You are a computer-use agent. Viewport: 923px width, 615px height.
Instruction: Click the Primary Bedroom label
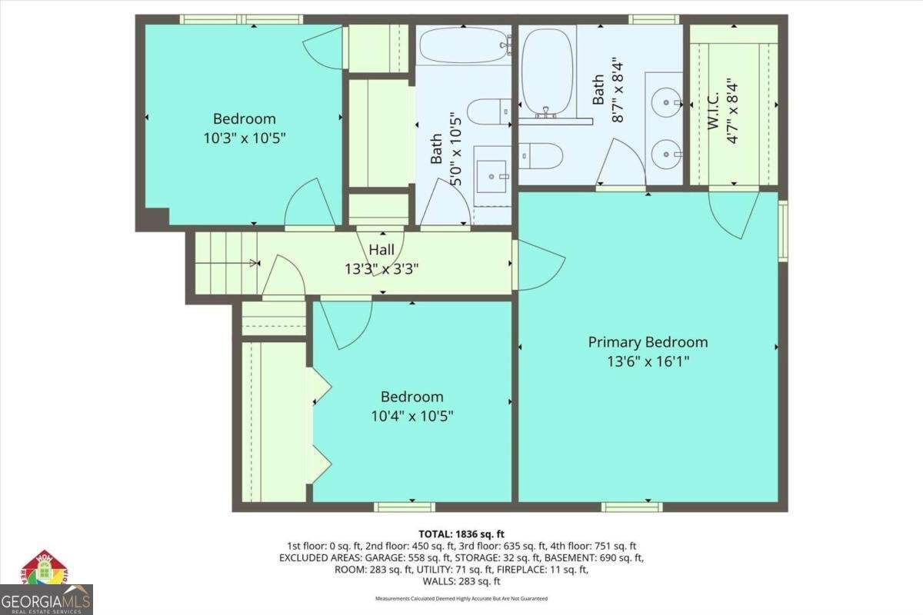tap(648, 342)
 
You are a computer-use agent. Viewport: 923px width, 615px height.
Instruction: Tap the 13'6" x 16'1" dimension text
tap(648, 361)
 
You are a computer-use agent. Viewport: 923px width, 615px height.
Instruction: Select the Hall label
tap(382, 250)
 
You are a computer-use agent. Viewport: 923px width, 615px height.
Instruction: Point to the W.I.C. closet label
tap(713, 111)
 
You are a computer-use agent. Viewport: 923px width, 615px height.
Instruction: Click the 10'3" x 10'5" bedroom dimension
tap(245, 138)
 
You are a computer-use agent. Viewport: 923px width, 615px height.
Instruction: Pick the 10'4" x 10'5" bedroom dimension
tap(412, 416)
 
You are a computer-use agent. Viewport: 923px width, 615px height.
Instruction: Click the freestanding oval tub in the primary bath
tap(547, 71)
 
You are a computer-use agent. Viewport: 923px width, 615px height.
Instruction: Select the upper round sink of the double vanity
tap(666, 102)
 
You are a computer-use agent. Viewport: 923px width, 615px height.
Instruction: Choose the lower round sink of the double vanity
tap(666, 155)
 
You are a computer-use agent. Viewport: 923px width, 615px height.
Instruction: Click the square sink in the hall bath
tap(491, 177)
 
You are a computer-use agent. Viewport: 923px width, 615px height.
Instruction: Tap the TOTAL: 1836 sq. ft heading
tap(461, 534)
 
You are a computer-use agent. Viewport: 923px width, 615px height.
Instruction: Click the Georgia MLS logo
tap(46, 600)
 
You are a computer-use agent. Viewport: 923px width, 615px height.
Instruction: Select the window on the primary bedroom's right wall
tap(783, 231)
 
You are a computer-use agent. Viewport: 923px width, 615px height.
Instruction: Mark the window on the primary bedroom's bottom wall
tap(631, 507)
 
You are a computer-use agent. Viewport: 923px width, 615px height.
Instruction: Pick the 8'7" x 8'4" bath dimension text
tap(618, 92)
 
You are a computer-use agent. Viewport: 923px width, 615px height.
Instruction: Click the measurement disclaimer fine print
tap(461, 599)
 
